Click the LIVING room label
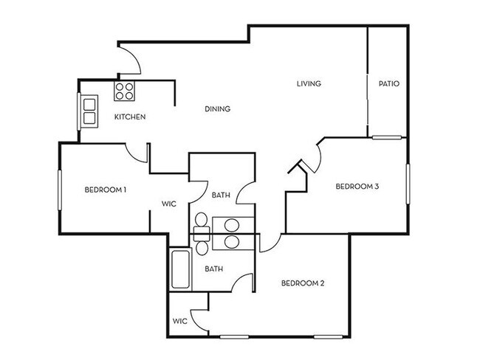click(x=309, y=84)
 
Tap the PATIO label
click(x=388, y=84)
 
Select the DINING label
click(x=217, y=109)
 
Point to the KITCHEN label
click(x=129, y=117)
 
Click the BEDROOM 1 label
click(x=106, y=190)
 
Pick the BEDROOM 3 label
click(x=357, y=187)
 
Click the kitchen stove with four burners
click(x=124, y=91)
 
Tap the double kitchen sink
click(x=89, y=111)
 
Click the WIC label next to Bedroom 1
click(x=168, y=206)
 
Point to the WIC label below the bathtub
click(x=179, y=321)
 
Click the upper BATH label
click(x=221, y=195)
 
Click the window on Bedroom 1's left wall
click(x=60, y=193)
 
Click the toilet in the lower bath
click(x=200, y=235)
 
